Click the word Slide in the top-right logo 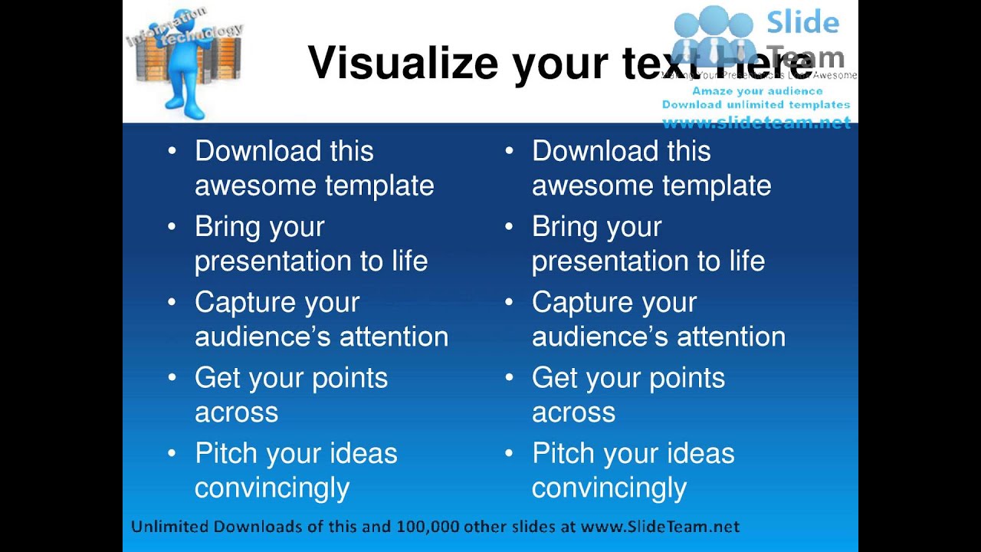pos(802,23)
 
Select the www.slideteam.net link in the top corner pos(756,122)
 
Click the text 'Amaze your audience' pos(757,91)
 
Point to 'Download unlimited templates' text pos(756,104)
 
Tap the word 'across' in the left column pos(236,412)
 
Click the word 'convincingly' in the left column pos(272,488)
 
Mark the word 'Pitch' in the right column pos(562,453)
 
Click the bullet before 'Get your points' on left pos(172,378)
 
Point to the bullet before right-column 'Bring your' pos(509,227)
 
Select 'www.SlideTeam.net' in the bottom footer pos(660,527)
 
